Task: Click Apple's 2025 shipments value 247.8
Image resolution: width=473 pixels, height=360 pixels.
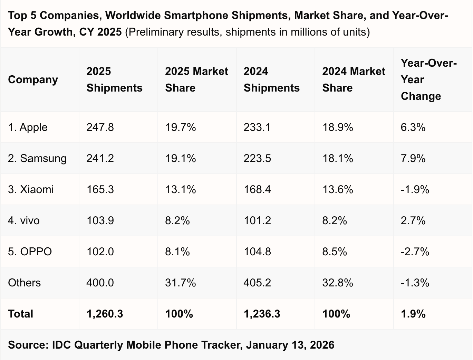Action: pyautogui.click(x=100, y=127)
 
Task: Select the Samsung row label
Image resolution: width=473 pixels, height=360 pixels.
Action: pyautogui.click(x=37, y=159)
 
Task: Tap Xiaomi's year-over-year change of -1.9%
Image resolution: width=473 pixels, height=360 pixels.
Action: pyautogui.click(x=415, y=190)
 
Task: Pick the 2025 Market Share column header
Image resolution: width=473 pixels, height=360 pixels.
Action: pyautogui.click(x=196, y=80)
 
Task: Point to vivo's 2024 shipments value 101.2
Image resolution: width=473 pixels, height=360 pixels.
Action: pyautogui.click(x=257, y=221)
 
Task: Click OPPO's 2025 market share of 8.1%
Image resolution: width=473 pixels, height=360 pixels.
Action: pyautogui.click(x=177, y=252)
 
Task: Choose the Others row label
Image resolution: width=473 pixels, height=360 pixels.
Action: pyautogui.click(x=24, y=283)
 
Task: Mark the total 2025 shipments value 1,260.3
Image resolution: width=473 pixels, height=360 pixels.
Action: pyautogui.click(x=105, y=314)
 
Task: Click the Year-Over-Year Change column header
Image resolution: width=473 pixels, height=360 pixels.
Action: pyautogui.click(x=428, y=80)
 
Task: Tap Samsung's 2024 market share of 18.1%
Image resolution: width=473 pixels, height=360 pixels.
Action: pyautogui.click(x=337, y=159)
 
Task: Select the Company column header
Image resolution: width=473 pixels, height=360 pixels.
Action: pyautogui.click(x=33, y=80)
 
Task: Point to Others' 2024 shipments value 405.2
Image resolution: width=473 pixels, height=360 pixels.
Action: pyautogui.click(x=257, y=283)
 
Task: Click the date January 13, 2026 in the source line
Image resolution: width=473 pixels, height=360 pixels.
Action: pyautogui.click(x=290, y=345)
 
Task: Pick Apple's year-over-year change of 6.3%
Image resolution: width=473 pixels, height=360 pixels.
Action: pyautogui.click(x=413, y=127)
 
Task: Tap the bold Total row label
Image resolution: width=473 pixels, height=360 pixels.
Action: pyautogui.click(x=21, y=314)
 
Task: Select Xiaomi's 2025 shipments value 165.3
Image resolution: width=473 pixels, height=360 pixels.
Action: pyautogui.click(x=100, y=190)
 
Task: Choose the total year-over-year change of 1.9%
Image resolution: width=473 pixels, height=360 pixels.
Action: pyautogui.click(x=413, y=314)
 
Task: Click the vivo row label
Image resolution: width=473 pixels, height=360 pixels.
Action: pyautogui.click(x=24, y=221)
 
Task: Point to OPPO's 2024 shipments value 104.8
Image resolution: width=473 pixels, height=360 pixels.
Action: pyautogui.click(x=257, y=252)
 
